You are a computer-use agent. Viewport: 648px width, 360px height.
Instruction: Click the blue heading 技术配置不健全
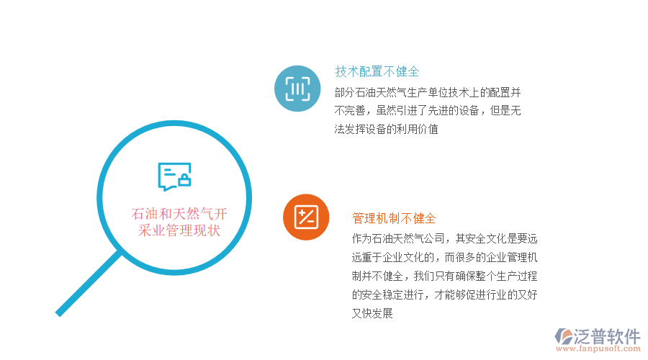click(x=377, y=72)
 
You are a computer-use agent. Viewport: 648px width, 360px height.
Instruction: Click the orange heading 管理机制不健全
click(x=394, y=218)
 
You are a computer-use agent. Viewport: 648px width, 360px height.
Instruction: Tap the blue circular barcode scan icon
click(x=297, y=89)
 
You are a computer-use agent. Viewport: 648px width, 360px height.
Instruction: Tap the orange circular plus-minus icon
click(x=306, y=217)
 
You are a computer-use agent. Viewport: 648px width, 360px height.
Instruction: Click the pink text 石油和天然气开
click(x=179, y=214)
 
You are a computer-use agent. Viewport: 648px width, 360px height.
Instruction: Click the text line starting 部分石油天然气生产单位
click(x=428, y=92)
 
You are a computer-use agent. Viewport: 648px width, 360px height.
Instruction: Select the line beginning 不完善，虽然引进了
click(x=428, y=111)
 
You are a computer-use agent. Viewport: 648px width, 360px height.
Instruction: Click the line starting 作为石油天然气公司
click(x=445, y=238)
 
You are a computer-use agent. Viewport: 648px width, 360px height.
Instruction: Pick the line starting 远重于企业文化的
click(x=445, y=257)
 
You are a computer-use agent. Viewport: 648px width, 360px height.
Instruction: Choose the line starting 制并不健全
click(x=445, y=276)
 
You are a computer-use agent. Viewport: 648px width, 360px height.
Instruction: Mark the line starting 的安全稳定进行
click(x=445, y=294)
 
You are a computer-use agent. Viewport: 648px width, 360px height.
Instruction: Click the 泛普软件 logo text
click(x=608, y=336)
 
